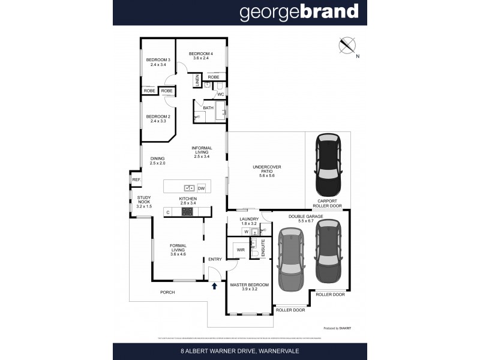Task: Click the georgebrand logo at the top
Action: pyautogui.click(x=299, y=12)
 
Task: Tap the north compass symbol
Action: pyautogui.click(x=347, y=46)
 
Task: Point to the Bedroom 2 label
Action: pyautogui.click(x=159, y=119)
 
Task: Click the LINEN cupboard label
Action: pyautogui.click(x=196, y=80)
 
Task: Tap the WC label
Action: pyautogui.click(x=220, y=94)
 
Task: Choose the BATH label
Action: pyautogui.click(x=208, y=108)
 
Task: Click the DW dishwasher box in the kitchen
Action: pyautogui.click(x=201, y=187)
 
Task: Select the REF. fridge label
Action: pyautogui.click(x=136, y=180)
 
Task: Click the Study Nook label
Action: pyautogui.click(x=144, y=202)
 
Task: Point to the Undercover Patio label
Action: pyautogui.click(x=267, y=171)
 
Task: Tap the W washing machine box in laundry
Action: pyautogui.click(x=245, y=232)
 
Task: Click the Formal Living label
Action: pyautogui.click(x=178, y=249)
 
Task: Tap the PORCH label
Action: pyautogui.click(x=167, y=292)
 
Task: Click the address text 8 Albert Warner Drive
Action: pyautogui.click(x=239, y=350)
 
